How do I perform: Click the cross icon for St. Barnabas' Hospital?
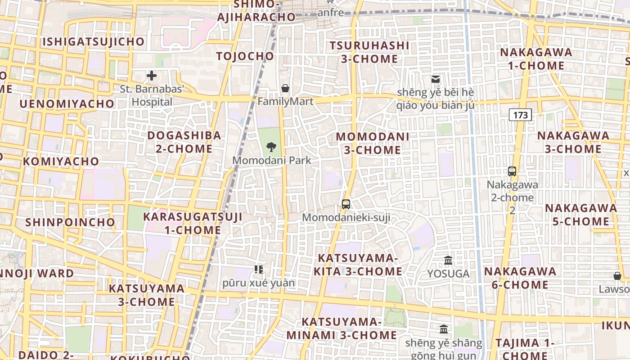click(x=152, y=75)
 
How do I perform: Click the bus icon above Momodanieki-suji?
click(x=346, y=204)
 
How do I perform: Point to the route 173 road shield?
click(x=520, y=115)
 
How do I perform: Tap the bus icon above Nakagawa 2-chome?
click(x=512, y=171)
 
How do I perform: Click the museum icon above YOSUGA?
click(x=448, y=260)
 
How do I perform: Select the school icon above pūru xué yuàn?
click(x=258, y=269)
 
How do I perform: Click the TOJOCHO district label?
click(x=245, y=56)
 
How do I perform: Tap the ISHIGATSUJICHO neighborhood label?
click(x=94, y=42)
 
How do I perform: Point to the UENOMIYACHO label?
click(x=67, y=104)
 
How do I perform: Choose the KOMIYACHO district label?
click(x=61, y=161)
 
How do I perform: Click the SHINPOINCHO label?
click(x=70, y=222)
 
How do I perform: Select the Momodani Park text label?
click(x=271, y=160)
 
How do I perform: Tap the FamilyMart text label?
click(x=285, y=101)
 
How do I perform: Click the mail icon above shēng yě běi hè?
click(x=435, y=79)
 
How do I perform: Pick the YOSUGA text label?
click(x=448, y=274)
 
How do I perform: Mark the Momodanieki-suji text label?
click(x=346, y=218)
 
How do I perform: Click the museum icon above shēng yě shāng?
click(x=444, y=329)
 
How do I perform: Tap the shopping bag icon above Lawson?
click(x=617, y=275)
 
